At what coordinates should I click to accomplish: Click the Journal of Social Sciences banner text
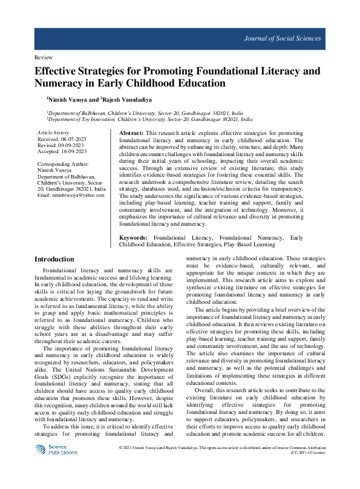click(x=282, y=39)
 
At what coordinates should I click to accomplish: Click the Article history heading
click(x=53, y=133)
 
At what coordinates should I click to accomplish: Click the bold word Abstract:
click(x=131, y=133)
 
